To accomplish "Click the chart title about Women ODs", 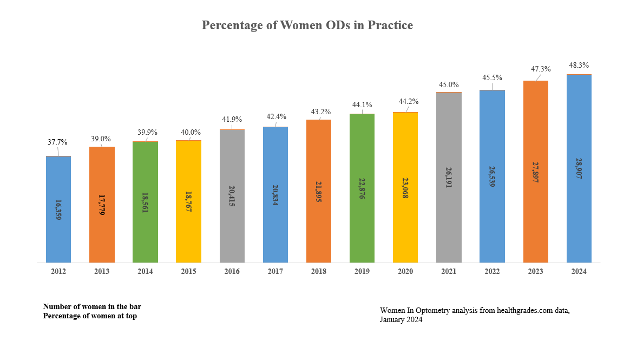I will pyautogui.click(x=307, y=25).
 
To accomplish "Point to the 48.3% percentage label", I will pyautogui.click(x=579, y=64).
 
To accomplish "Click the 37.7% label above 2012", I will pyautogui.click(x=58, y=142).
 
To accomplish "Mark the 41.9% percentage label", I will pyautogui.click(x=232, y=119).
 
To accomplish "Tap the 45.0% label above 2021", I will pyautogui.click(x=449, y=84).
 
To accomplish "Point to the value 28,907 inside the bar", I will pyautogui.click(x=579, y=169).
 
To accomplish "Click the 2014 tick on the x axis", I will pyautogui.click(x=145, y=272).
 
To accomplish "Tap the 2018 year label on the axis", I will pyautogui.click(x=319, y=272).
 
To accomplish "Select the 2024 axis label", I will pyautogui.click(x=579, y=272).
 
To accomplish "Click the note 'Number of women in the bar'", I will pyautogui.click(x=92, y=306).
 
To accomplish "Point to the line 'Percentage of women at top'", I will pyautogui.click(x=90, y=316).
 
